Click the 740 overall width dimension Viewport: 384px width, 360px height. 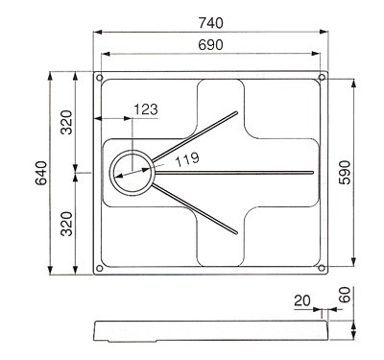coord(210,23)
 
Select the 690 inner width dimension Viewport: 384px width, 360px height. coord(210,45)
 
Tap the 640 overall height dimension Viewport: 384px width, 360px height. coord(41,173)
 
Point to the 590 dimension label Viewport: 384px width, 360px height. coord(345,173)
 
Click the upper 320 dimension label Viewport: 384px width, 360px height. coord(67,122)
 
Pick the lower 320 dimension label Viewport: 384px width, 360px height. coord(67,224)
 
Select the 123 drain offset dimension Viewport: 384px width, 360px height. coord(146,109)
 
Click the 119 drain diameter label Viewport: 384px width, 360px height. coord(187,158)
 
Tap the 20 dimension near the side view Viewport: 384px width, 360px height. coord(302,300)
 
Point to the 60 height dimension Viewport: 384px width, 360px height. coord(345,295)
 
